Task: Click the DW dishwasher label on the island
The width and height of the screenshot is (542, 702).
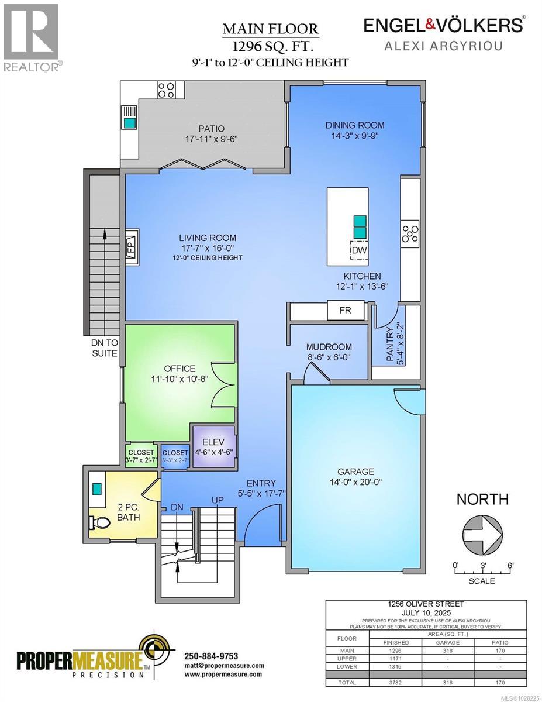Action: click(359, 251)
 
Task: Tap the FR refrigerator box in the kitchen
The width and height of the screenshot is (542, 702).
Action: click(345, 310)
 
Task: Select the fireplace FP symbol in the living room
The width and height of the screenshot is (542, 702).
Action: click(130, 247)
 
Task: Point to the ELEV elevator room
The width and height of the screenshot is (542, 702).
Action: click(215, 447)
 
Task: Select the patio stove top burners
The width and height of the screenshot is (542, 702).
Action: click(166, 90)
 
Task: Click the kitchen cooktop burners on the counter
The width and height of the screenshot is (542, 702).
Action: click(410, 233)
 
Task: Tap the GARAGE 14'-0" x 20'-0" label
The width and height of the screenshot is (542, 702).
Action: click(356, 477)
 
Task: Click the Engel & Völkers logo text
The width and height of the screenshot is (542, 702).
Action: click(443, 25)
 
